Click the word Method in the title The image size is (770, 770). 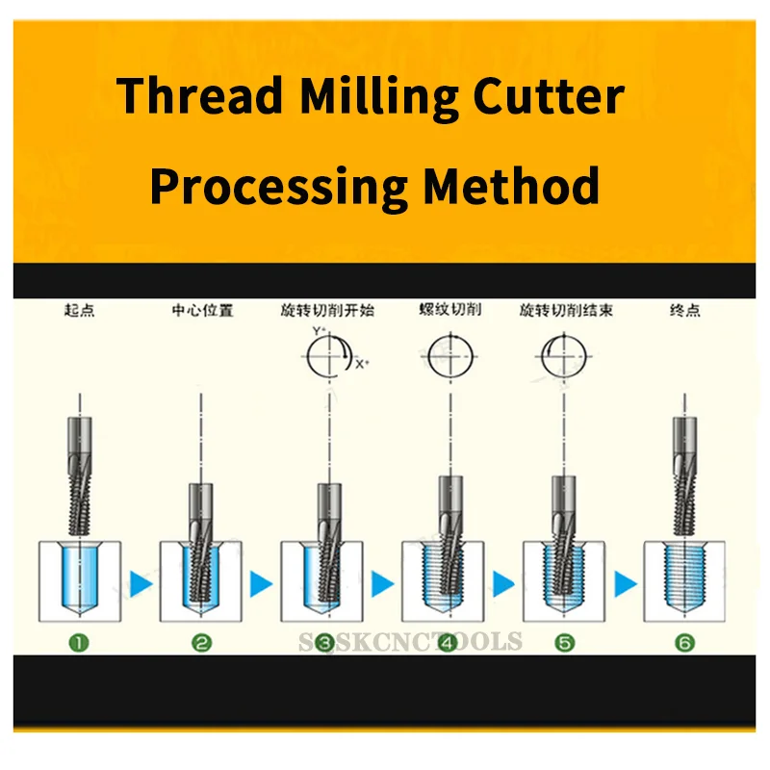tap(512, 186)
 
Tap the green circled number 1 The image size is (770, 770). tap(79, 643)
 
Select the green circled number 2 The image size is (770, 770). tap(201, 643)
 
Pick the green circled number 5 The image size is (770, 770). tap(564, 643)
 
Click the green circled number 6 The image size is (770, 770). tap(685, 643)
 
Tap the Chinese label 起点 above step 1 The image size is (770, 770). tap(79, 312)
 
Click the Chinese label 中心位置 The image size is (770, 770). tap(201, 312)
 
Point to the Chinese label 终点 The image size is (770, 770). tap(684, 311)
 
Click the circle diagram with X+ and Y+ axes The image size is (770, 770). tap(324, 359)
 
